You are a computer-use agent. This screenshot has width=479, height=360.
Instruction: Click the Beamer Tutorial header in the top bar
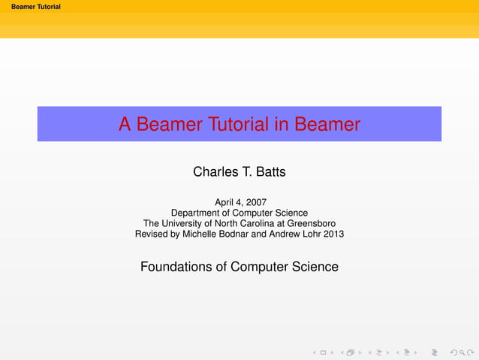click(x=31, y=7)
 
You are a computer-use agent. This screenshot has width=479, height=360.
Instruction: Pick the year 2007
click(x=255, y=202)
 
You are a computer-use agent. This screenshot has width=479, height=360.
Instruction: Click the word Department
click(x=198, y=213)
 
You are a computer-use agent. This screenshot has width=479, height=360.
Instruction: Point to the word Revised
click(x=152, y=234)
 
